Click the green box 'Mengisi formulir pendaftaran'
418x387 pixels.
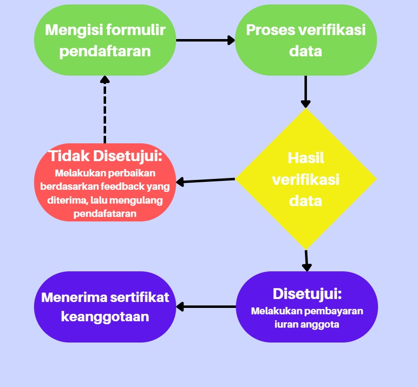(105, 40)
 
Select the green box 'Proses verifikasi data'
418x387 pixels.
(305, 40)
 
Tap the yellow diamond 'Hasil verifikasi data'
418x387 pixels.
(305, 178)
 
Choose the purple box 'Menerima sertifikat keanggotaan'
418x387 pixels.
(105, 306)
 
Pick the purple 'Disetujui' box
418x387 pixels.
(307, 306)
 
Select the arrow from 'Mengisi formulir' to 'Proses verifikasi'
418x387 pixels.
(205, 40)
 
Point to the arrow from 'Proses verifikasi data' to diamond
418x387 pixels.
(306, 91)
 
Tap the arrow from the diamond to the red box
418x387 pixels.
(205, 181)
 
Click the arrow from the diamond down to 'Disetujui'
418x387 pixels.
(306, 260)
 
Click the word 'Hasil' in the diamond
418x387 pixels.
(305, 158)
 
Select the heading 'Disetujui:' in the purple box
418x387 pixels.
(307, 294)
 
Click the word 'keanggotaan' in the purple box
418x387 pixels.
(105, 316)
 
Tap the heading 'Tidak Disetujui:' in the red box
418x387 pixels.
(106, 156)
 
